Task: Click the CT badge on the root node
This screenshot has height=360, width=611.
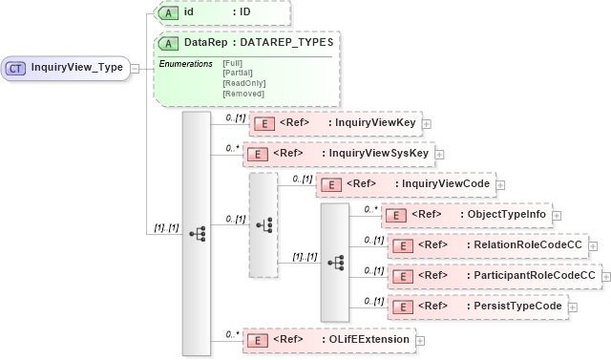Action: [x=17, y=68]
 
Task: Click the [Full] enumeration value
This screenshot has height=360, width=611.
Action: [x=232, y=62]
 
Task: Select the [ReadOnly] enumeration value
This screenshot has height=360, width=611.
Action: [x=243, y=83]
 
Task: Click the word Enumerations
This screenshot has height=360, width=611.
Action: [x=185, y=63]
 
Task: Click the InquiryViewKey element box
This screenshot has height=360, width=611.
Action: [x=334, y=123]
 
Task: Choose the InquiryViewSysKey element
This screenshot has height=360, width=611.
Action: [x=339, y=153]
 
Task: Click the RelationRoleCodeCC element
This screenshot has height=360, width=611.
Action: [x=487, y=245]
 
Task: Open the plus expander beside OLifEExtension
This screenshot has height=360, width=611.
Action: [x=419, y=340]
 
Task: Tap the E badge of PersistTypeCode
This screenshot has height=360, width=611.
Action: [x=404, y=307]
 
